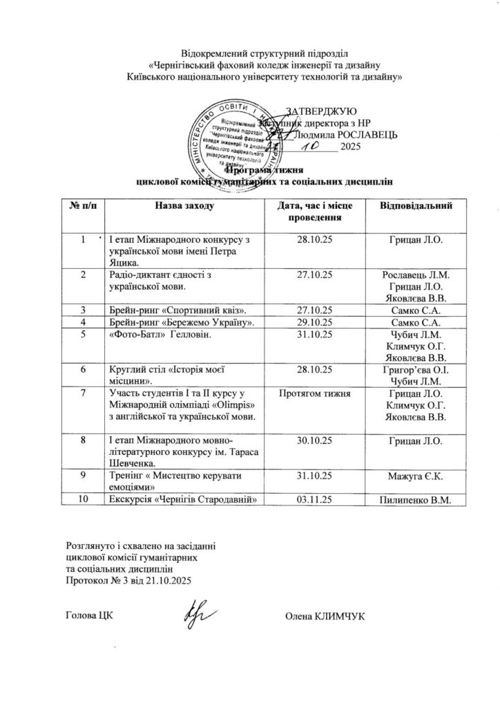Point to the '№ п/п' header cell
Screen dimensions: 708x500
pyautogui.click(x=84, y=205)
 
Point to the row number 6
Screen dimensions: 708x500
pyautogui.click(x=84, y=369)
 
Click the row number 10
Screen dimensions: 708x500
pyautogui.click(x=84, y=500)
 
